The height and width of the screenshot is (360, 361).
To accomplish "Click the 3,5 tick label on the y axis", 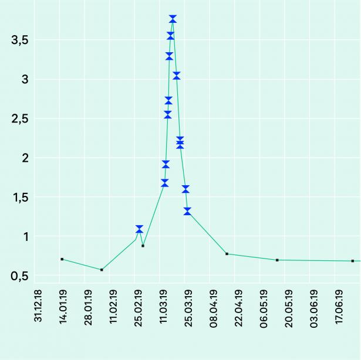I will point(20,40).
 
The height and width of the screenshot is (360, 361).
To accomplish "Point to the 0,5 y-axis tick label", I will point(20,276).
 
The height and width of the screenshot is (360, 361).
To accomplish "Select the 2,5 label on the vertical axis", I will point(20,118).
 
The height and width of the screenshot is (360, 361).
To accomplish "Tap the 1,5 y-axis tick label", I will point(20,198).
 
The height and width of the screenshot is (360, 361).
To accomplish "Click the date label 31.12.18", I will point(39,305).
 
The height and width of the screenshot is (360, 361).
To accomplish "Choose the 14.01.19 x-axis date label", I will point(63,305).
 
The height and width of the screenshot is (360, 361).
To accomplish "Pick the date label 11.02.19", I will point(113,305).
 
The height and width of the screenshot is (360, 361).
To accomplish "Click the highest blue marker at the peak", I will point(173,19).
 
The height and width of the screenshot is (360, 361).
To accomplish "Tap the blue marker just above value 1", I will point(139,229).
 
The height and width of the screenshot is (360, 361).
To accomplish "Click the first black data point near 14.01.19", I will point(62,259).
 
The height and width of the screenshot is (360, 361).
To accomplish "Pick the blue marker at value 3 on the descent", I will point(176,76).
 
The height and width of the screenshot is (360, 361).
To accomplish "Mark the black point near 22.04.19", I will point(227,254).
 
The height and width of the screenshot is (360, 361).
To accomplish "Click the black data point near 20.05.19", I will point(277,260).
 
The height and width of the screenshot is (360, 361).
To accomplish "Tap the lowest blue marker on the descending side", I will point(187,211).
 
